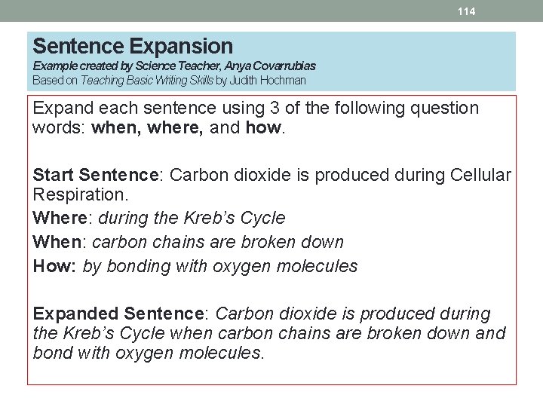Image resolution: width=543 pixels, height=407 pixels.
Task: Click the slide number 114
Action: (x=468, y=11)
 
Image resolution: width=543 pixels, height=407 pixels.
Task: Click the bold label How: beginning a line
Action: (x=54, y=266)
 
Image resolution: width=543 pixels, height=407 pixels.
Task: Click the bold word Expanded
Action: (x=75, y=314)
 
